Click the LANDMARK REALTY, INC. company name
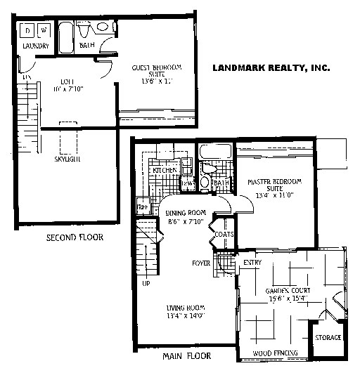[271, 68]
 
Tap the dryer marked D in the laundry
[27, 30]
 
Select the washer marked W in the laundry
[43, 30]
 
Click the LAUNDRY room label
[35, 46]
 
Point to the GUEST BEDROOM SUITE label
[157, 72]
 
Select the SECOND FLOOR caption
[75, 237]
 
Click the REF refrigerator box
[143, 207]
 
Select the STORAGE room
[328, 338]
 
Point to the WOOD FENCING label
[276, 351]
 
